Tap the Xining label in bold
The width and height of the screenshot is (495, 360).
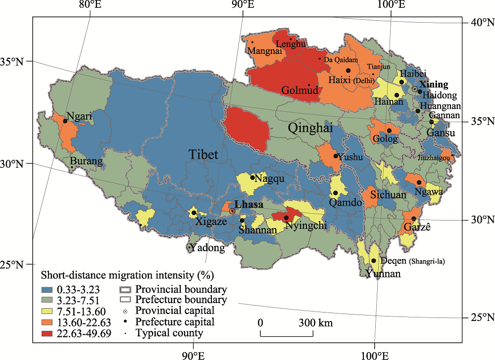(x=434, y=85)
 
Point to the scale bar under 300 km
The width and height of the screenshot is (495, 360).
(x=286, y=336)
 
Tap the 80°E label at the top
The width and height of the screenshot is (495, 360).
(x=90, y=5)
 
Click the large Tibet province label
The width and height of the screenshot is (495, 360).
(x=203, y=155)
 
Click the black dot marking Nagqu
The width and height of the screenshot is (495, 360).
(x=252, y=178)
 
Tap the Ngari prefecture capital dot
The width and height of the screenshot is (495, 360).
(x=65, y=121)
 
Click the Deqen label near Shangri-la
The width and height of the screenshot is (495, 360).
(x=395, y=261)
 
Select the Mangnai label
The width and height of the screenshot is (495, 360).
(x=265, y=50)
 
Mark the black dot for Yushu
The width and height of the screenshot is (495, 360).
(x=336, y=156)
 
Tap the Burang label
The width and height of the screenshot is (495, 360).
(x=87, y=161)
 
